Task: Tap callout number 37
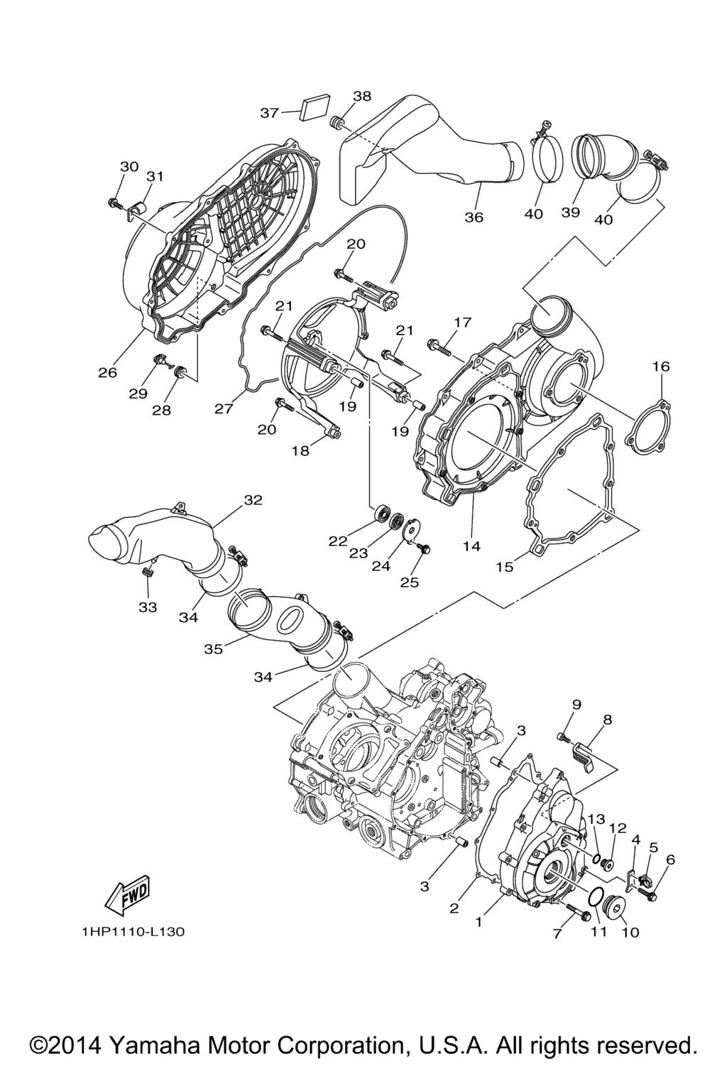269,113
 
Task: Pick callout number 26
108,373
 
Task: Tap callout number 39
571,212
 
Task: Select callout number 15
505,567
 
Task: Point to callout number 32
253,500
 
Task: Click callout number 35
213,648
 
